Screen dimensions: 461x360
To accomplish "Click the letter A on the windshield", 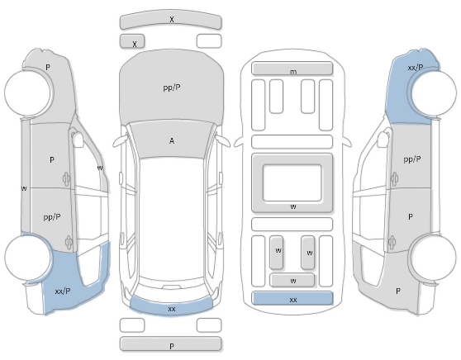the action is coord(172,141).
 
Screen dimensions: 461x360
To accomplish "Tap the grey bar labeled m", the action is coord(292,69).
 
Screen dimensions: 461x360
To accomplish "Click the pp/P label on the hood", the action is coord(172,88).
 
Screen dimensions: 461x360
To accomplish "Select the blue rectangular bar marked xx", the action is coord(292,299).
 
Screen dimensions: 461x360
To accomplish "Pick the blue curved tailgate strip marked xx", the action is coord(171,308).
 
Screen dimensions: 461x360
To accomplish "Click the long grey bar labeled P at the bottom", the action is coord(170,343).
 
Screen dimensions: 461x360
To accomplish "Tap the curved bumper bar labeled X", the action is coord(170,21).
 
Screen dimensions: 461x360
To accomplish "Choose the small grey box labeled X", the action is coord(132,41).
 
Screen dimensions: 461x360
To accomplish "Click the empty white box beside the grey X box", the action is coord(209,40).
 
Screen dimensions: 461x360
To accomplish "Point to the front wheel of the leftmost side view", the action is coord(27,92).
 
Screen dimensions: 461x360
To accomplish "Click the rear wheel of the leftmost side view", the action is coord(27,257).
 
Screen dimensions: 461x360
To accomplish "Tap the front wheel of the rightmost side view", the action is coord(434,93).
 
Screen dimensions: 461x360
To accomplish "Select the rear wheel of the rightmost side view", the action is coord(433,258).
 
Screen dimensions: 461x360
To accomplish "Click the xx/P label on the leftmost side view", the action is coord(63,291).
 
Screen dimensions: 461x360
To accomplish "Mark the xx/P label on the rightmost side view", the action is coord(416,68).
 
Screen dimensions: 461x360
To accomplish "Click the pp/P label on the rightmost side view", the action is coord(412,159).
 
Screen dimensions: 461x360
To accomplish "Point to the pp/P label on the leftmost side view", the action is coord(52,217).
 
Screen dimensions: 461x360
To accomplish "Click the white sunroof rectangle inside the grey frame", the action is coord(292,182).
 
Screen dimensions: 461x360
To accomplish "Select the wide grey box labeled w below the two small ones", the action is coord(292,280).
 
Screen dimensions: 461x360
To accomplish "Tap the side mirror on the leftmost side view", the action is coord(78,140).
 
